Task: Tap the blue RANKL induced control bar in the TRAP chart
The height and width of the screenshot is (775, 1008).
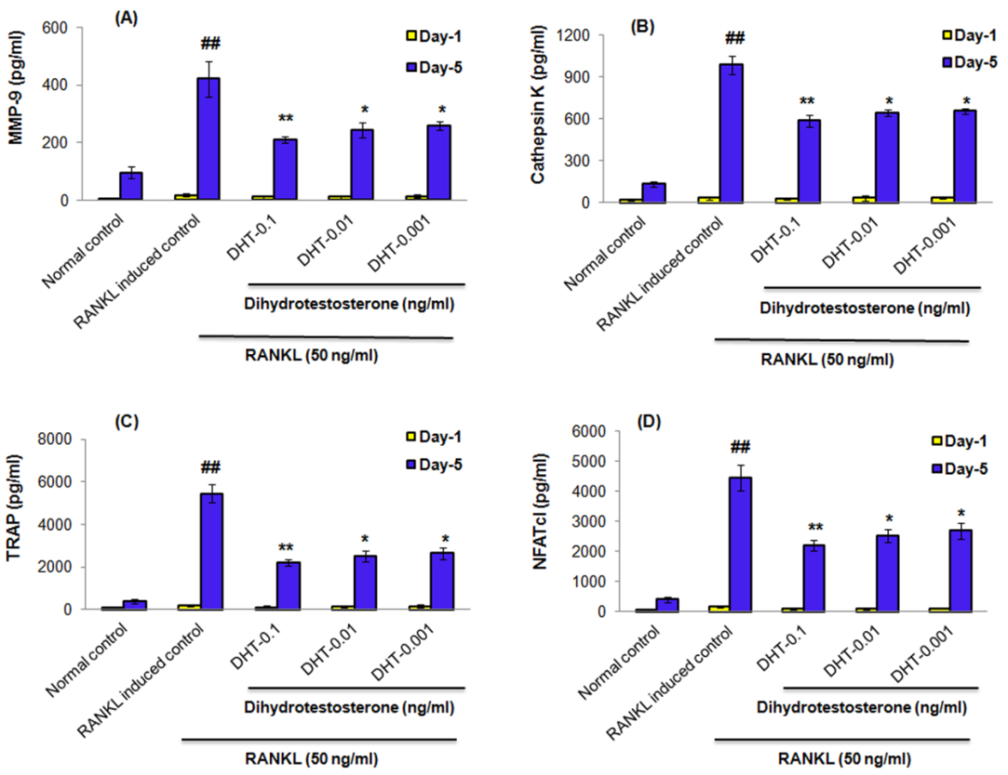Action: pyautogui.click(x=211, y=551)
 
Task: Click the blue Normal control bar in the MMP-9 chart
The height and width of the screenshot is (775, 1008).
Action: pyautogui.click(x=132, y=186)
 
